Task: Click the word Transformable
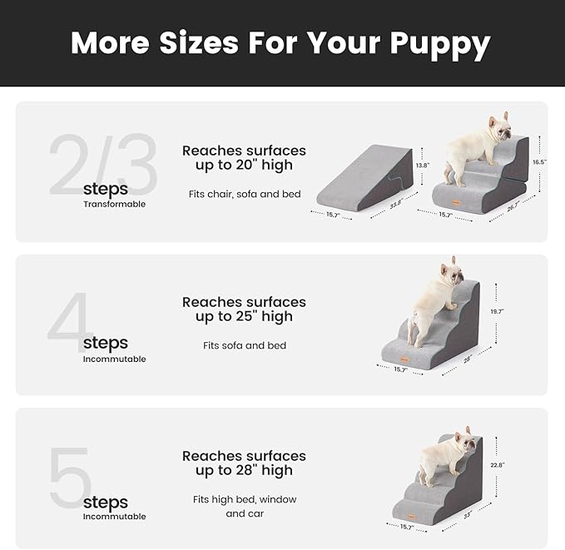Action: coord(114,204)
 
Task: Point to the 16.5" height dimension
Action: coord(539,162)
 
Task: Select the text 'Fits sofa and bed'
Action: coord(244,345)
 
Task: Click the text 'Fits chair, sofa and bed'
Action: coord(244,194)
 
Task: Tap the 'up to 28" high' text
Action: coord(244,471)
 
